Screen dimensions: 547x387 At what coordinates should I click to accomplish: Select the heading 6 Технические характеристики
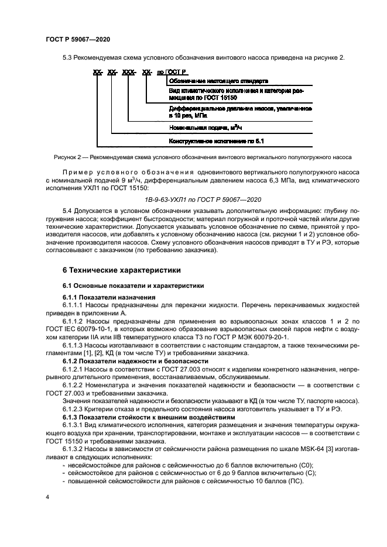coord(117,270)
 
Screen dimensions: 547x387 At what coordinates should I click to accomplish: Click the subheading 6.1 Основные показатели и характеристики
coord(133,286)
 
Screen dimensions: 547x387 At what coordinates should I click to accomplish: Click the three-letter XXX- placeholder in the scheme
coord(127,72)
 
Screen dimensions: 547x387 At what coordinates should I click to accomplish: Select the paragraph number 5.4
coord(69,210)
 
